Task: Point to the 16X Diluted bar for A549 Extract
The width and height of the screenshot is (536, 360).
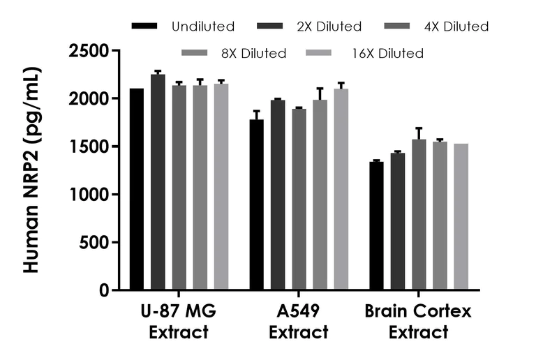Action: (341, 189)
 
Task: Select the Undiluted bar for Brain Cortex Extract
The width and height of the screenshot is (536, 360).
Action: (376, 226)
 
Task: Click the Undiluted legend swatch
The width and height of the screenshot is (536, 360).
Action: (147, 27)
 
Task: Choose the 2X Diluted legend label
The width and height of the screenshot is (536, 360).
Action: (329, 27)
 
